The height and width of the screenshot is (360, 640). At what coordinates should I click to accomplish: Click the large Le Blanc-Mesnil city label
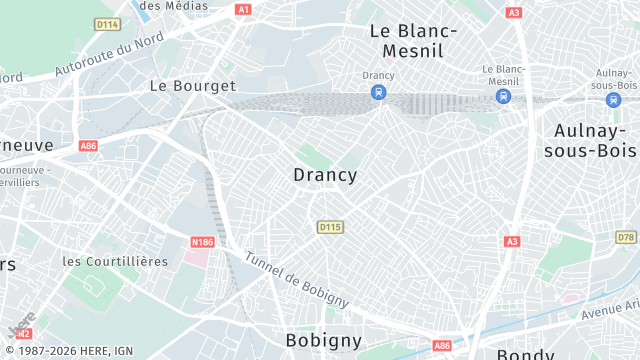[x=413, y=40]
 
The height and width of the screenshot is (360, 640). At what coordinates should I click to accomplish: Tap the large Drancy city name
[x=325, y=175]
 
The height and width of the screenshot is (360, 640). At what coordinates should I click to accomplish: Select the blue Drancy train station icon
[x=378, y=92]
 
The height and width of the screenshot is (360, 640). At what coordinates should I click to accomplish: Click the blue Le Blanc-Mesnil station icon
[x=503, y=96]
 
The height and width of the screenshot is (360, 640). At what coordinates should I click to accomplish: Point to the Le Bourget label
[x=192, y=86]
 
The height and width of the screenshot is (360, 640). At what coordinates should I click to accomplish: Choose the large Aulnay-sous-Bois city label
[x=590, y=140]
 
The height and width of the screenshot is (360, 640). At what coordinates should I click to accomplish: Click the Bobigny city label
[x=323, y=340]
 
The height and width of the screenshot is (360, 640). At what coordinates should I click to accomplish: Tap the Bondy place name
[x=525, y=354]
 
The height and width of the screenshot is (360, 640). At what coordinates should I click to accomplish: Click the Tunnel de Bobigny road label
[x=296, y=278]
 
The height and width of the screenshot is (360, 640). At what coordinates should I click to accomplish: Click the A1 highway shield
[x=243, y=9]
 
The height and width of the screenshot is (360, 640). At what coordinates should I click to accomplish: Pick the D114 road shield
[x=106, y=24]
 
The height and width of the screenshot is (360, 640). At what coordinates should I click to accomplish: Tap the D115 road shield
[x=330, y=228]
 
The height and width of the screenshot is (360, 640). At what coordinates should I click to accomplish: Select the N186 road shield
[x=203, y=241]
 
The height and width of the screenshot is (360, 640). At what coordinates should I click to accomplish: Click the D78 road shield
[x=626, y=237]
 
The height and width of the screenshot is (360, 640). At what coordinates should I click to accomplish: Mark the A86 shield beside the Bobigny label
[x=442, y=345]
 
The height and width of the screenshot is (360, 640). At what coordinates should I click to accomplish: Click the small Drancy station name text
[x=378, y=75]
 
